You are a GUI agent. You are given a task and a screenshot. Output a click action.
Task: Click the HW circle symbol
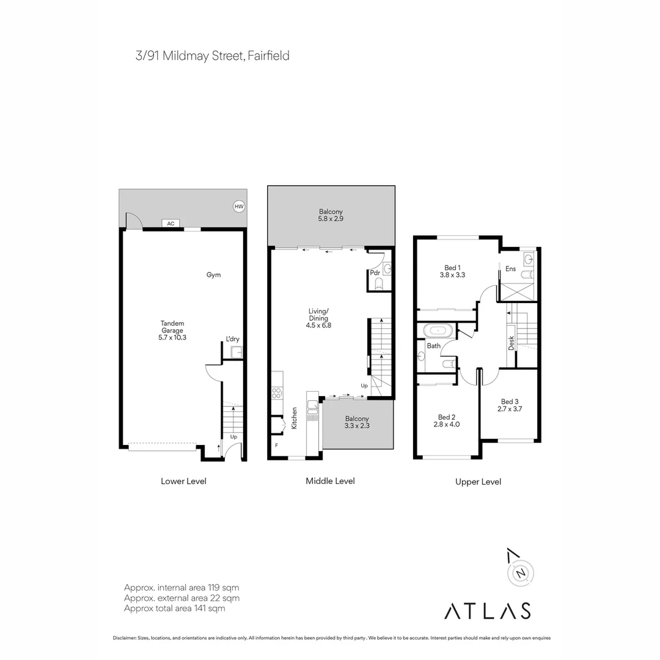pyautogui.click(x=238, y=207)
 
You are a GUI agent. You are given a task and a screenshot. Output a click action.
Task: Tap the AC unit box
pyautogui.click(x=170, y=224)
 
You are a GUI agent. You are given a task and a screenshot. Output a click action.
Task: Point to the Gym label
pyautogui.click(x=213, y=275)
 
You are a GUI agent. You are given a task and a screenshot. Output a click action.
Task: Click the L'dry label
pyautogui.click(x=232, y=339)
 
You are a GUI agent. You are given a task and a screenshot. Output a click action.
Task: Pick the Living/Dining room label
pyautogui.click(x=318, y=318)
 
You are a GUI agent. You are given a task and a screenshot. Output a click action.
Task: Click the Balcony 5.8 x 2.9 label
pyautogui.click(x=331, y=215)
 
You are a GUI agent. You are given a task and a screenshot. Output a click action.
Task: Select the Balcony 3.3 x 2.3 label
pyautogui.click(x=357, y=422)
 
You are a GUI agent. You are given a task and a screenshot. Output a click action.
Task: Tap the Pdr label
pyautogui.click(x=375, y=273)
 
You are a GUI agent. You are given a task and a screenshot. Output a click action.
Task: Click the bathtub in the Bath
pyautogui.click(x=438, y=331)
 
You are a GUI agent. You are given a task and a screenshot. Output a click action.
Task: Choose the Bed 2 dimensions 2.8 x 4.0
pyautogui.click(x=446, y=424)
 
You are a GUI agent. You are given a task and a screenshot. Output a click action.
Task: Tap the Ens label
pyautogui.click(x=511, y=268)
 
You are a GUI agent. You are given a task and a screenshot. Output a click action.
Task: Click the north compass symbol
pyautogui.click(x=521, y=573)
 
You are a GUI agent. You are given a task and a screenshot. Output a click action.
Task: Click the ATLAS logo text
pyautogui.click(x=487, y=610)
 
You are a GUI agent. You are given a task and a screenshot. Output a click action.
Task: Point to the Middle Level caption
pyautogui.click(x=330, y=481)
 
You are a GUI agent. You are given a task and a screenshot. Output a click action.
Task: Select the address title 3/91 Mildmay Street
pyautogui.click(x=212, y=56)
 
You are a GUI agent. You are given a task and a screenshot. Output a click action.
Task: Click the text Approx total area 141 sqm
pyautogui.click(x=174, y=608)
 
